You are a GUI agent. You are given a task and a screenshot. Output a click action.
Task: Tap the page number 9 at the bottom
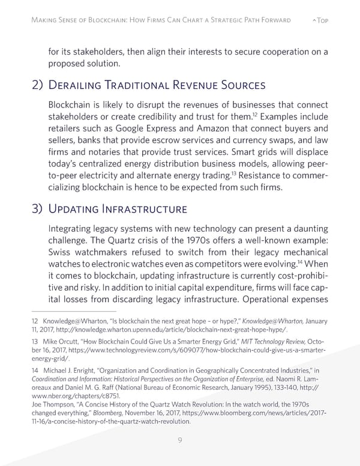(x=180, y=441)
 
